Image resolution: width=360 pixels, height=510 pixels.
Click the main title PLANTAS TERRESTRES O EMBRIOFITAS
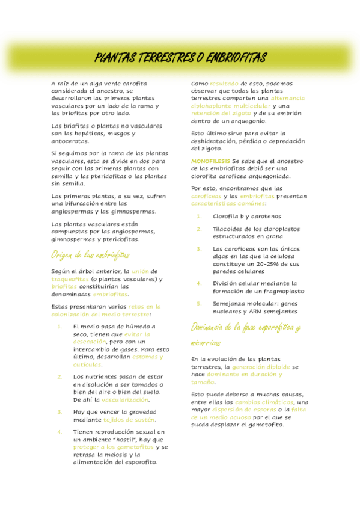[x=180, y=58]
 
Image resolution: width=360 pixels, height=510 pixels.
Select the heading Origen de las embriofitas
[x=91, y=254]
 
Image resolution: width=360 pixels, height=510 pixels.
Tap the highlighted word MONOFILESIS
[x=210, y=161]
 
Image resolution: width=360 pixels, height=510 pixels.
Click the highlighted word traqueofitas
[x=69, y=279]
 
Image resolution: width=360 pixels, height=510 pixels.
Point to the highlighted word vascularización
[x=125, y=399]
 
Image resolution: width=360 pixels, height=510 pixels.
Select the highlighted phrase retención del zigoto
[x=221, y=113]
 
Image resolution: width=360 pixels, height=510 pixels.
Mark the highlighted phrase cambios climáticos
[x=264, y=402]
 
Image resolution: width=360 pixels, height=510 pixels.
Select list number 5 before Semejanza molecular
[x=200, y=303]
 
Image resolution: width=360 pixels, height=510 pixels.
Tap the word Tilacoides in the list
[x=228, y=229]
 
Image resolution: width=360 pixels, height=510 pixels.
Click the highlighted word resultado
[x=224, y=83]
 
